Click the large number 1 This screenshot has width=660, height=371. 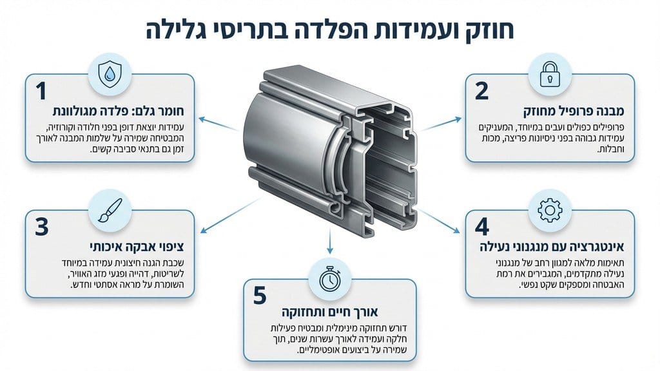(41, 91)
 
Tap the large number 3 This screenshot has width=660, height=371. (41, 228)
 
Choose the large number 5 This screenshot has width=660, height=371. (260, 296)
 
